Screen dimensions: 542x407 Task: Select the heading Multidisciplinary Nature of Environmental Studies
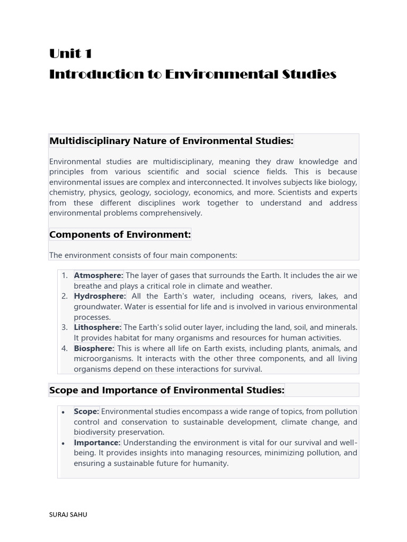(x=171, y=141)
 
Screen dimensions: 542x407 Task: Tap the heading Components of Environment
(x=120, y=234)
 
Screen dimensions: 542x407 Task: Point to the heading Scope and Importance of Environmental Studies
(x=167, y=390)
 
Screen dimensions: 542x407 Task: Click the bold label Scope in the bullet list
(x=86, y=411)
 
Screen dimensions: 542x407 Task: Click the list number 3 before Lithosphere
(x=64, y=328)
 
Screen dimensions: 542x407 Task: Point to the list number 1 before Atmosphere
(x=64, y=275)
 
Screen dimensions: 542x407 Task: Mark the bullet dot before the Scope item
(x=64, y=412)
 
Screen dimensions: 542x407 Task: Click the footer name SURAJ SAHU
(x=68, y=514)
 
